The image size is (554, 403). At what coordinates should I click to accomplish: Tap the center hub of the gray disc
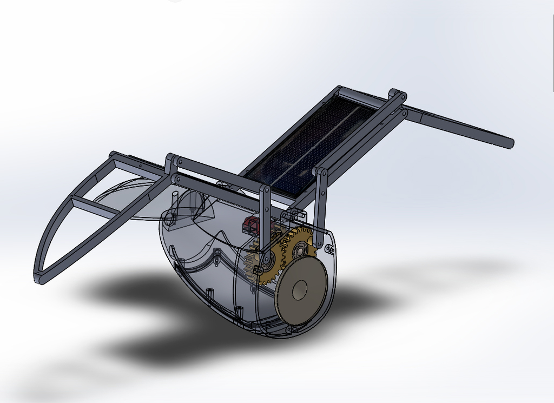(x=300, y=291)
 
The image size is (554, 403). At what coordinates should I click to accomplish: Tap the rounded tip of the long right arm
(x=510, y=143)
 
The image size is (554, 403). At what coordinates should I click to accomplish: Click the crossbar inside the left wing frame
(x=97, y=208)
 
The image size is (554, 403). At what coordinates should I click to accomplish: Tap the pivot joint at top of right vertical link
(x=321, y=173)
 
